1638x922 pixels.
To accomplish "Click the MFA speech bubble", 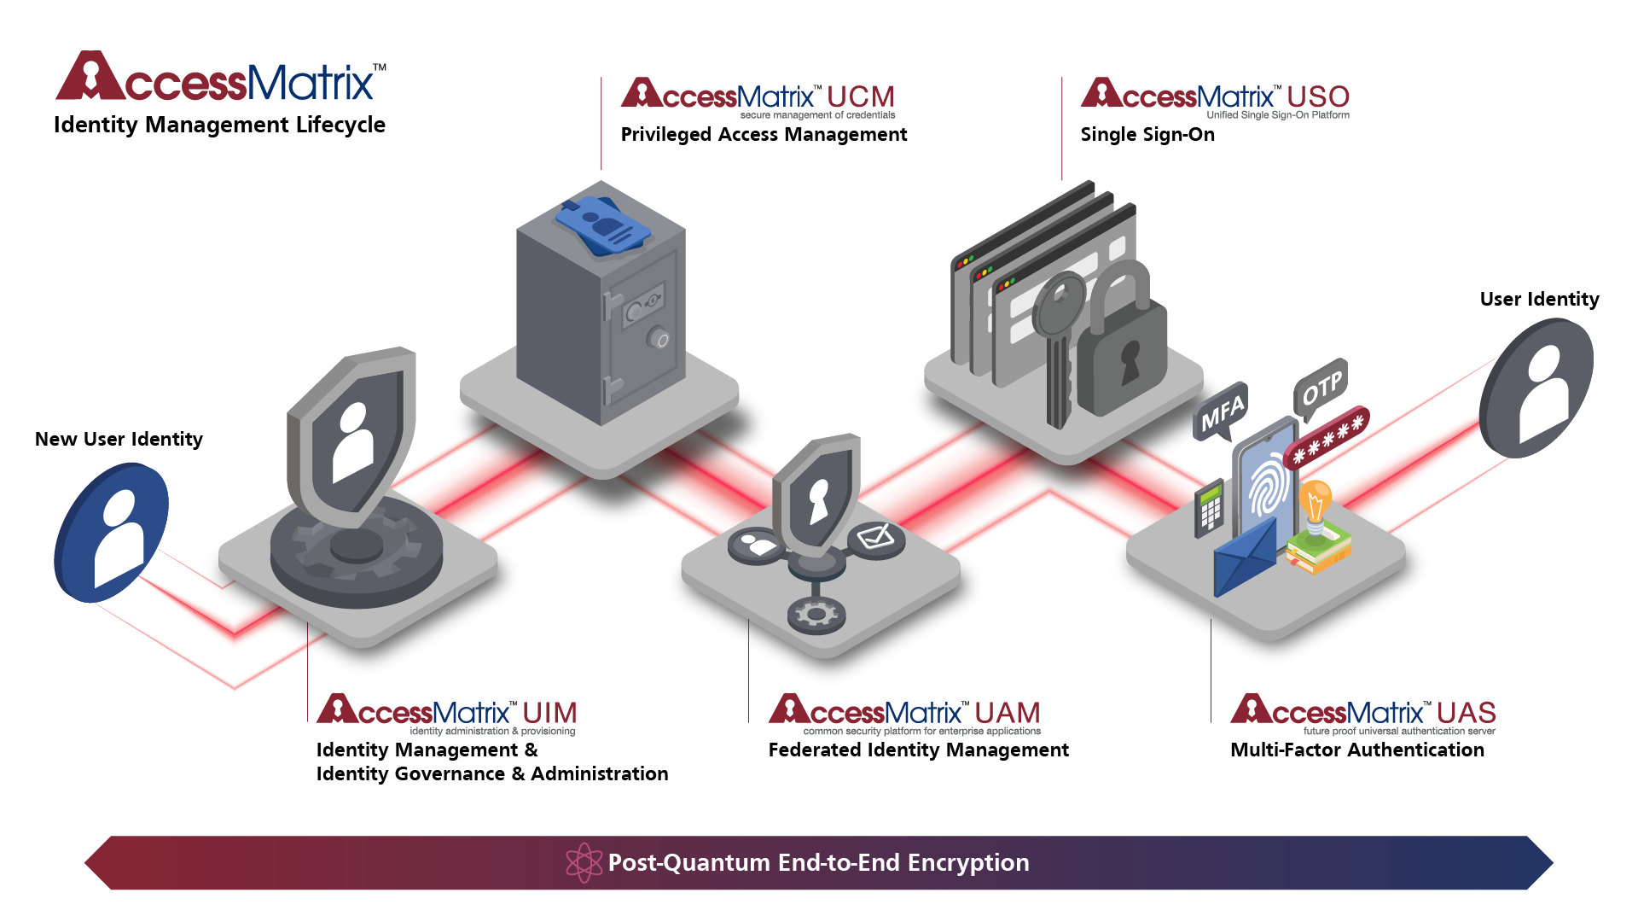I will (x=1222, y=411).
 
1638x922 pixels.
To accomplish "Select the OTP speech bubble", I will (x=1321, y=388).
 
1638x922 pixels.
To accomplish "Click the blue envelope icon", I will (x=1244, y=559).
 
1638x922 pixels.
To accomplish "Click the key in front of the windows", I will (x=1059, y=341).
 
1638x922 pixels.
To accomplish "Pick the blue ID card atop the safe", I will (x=602, y=224).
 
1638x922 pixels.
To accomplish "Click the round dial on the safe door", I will (x=658, y=338).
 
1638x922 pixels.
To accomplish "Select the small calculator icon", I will (x=1209, y=509).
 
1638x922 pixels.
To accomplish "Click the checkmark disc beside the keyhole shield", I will (x=876, y=539).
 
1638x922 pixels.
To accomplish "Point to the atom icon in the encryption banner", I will (x=584, y=862).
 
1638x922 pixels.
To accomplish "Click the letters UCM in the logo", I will (x=860, y=96).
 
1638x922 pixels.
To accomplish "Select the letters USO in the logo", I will (x=1318, y=96).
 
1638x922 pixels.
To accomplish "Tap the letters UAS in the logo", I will (x=1466, y=712).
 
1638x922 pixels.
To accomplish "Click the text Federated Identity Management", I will (x=918, y=750).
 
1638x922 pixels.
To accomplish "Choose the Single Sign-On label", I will (x=1147, y=134).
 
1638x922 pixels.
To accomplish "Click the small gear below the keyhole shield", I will (x=816, y=614).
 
